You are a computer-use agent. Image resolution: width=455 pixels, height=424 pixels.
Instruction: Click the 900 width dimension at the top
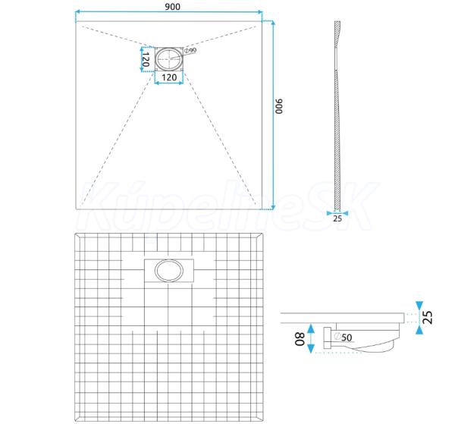tap(173, 6)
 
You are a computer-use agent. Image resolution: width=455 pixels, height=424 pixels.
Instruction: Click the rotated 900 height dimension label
tap(278, 106)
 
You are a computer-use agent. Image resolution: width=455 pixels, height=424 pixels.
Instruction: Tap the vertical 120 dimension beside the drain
tap(146, 59)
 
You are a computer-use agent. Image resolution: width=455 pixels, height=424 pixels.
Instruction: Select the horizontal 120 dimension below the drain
tap(169, 77)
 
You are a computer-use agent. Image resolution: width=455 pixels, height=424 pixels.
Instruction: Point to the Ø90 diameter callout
tap(190, 50)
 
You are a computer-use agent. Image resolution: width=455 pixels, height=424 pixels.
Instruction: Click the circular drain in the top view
tap(169, 58)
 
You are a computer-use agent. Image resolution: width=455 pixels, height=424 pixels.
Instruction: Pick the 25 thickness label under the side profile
tap(337, 218)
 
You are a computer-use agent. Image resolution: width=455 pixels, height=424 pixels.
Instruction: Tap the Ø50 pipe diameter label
tap(343, 337)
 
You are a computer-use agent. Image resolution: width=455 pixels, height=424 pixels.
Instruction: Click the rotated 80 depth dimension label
tap(300, 339)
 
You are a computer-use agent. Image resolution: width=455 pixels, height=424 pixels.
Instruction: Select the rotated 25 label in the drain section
tap(428, 317)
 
